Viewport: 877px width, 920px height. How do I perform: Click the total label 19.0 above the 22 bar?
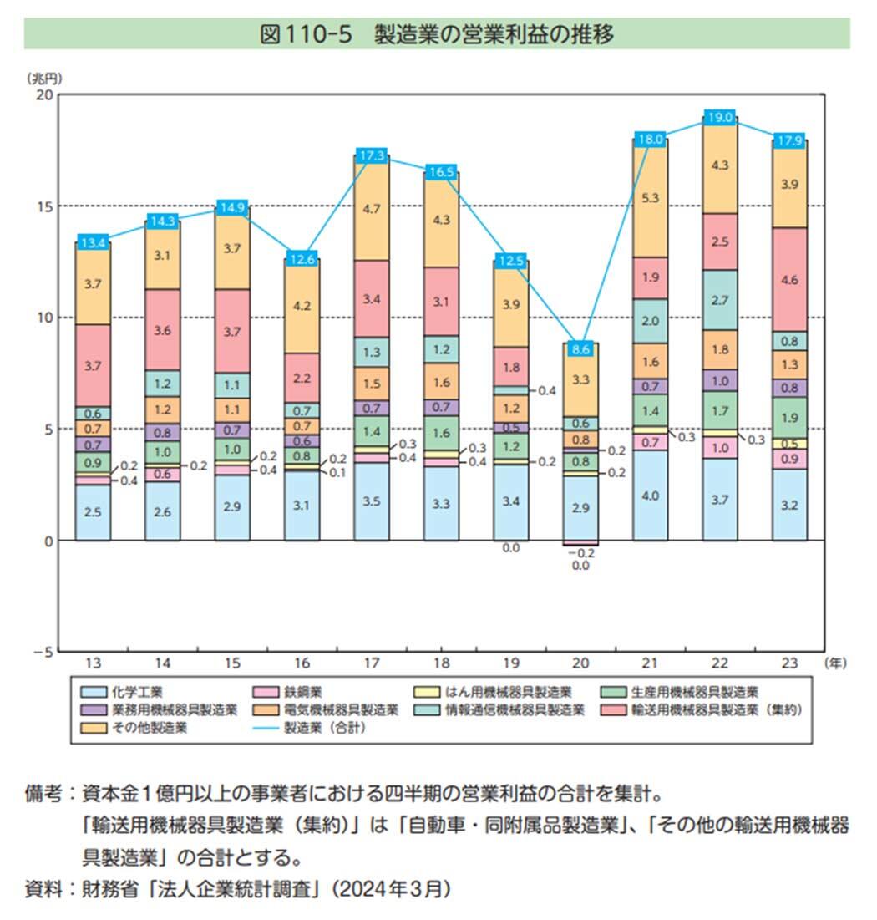[x=719, y=116]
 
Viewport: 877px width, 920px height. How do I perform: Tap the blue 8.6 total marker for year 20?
[x=581, y=349]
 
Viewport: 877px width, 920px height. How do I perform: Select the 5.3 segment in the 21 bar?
[x=651, y=198]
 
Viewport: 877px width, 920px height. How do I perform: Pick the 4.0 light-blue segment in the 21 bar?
[x=651, y=496]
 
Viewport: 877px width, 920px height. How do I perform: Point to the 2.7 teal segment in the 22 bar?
[x=719, y=300]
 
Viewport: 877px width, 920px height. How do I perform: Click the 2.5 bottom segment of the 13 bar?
[x=93, y=511]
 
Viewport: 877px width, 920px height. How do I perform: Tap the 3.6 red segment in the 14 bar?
[x=162, y=330]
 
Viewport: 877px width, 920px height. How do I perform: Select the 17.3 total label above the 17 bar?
[x=373, y=155]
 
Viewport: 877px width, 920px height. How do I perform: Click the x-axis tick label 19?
[x=511, y=663]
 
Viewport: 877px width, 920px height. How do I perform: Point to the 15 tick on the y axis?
[x=43, y=206]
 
